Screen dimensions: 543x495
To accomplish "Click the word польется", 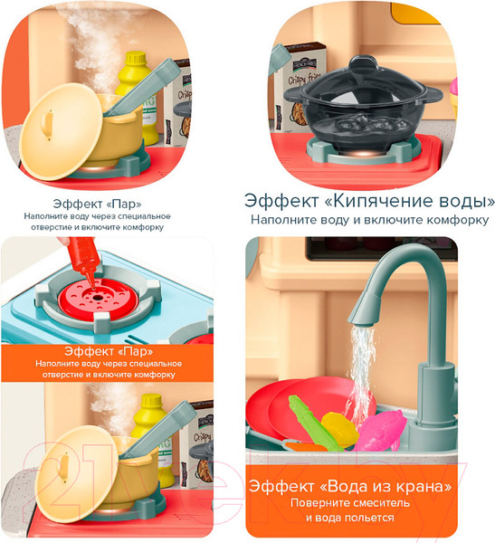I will [x=370, y=518].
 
